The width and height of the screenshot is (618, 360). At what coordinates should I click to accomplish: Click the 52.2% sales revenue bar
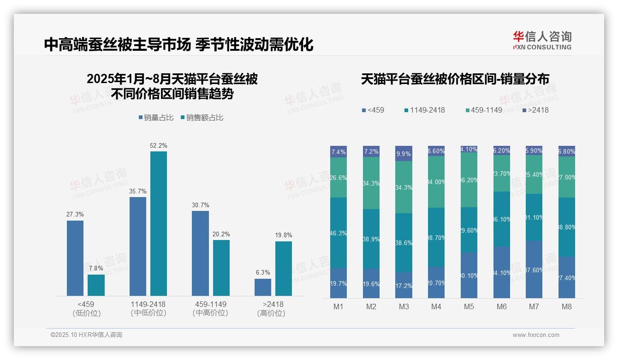tap(159, 223)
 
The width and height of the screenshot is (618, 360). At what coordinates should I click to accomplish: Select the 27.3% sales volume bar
tap(75, 258)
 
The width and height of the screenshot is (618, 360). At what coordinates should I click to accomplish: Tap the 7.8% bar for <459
tap(96, 285)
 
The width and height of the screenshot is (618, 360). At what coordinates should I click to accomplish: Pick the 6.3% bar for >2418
tap(263, 287)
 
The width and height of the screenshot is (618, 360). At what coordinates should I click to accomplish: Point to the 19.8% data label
tap(284, 235)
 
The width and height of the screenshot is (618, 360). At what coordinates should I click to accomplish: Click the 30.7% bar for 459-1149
tap(200, 253)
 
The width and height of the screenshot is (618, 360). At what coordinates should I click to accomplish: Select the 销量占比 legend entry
tap(156, 118)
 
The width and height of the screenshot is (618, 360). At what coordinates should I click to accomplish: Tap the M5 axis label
tap(469, 306)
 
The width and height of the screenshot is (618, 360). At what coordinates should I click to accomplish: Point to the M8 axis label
tap(567, 306)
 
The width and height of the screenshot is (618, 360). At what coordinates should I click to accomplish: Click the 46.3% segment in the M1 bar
tap(339, 233)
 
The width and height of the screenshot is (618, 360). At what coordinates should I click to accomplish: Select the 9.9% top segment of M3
tap(404, 154)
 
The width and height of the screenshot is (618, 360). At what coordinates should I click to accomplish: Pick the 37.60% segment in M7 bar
tap(534, 270)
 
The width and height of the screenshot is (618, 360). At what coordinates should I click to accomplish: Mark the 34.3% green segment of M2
tap(371, 183)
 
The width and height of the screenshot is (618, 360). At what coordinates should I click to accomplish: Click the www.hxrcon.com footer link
tap(536, 335)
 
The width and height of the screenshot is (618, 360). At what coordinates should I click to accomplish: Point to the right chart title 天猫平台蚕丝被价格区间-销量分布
tap(455, 79)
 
